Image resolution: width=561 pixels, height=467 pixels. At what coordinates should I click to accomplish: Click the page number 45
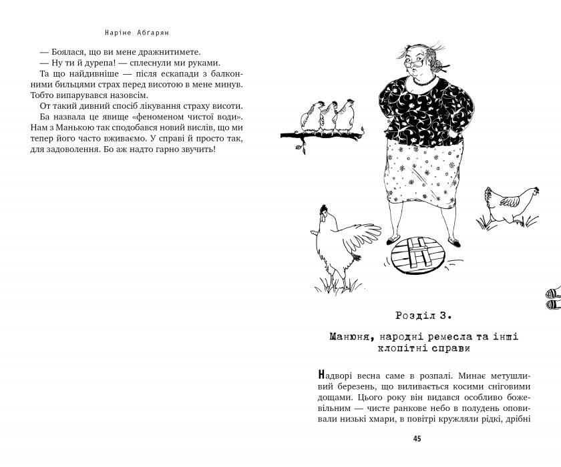click(417, 438)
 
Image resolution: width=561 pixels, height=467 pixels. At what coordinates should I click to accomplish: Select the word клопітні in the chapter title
click(395, 348)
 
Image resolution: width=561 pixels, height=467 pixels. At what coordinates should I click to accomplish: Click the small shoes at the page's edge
click(553, 298)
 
